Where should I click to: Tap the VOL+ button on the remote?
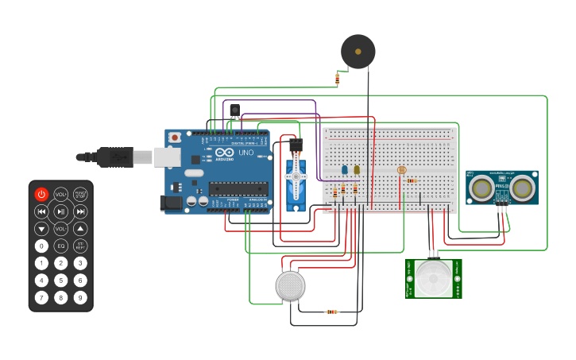[61, 194]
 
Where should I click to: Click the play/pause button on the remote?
[61, 211]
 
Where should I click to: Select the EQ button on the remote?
[61, 246]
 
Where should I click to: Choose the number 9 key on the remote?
[80, 298]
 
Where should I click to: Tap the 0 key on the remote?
[41, 246]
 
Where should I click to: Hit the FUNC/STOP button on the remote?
[80, 194]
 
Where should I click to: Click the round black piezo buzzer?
[358, 52]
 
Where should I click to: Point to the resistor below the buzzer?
[338, 79]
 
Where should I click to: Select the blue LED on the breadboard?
[344, 169]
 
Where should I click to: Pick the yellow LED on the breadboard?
[357, 169]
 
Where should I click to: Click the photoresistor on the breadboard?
[401, 170]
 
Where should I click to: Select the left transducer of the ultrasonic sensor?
[480, 188]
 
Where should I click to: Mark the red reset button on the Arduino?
[174, 137]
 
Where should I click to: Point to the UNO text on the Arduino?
[245, 152]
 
